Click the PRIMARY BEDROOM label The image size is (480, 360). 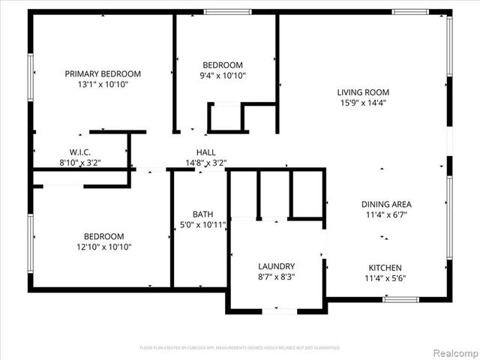coord(103,73)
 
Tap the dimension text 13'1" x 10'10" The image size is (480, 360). coord(103,85)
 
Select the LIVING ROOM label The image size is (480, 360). coord(362,92)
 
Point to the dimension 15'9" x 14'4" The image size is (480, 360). coord(362,103)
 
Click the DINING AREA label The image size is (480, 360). coord(386,204)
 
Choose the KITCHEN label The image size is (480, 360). coord(385,268)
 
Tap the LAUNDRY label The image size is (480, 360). coord(276,266)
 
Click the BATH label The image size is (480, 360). coord(202,214)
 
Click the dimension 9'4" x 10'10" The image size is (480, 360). coord(223,76)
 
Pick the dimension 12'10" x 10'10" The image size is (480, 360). coord(103,247)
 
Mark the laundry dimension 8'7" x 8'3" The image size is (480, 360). coord(276,277)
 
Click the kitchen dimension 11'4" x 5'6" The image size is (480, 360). coord(385,278)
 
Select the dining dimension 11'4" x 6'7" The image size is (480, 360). coord(386,214)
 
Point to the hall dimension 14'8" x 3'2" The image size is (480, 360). coord(206,163)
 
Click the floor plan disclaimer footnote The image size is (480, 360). coord(240,348)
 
